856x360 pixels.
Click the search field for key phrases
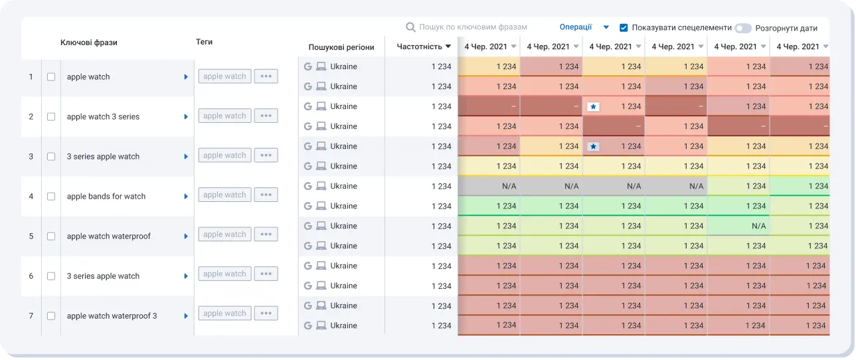(x=473, y=27)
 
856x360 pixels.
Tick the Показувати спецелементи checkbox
(x=624, y=28)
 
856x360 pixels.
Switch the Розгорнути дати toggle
(x=742, y=29)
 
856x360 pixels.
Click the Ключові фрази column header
(x=88, y=43)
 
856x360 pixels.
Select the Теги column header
(x=204, y=42)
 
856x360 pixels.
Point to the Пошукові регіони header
(x=341, y=47)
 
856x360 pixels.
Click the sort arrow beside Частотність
(x=448, y=46)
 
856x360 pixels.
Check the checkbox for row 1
(x=51, y=77)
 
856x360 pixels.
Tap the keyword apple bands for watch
(x=106, y=197)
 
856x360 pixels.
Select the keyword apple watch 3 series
(x=103, y=117)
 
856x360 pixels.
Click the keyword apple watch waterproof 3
(x=112, y=316)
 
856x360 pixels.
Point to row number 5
(x=31, y=236)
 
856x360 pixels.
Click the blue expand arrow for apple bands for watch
(x=186, y=197)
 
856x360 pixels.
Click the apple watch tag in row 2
(x=224, y=116)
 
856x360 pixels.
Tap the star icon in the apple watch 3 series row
(x=593, y=106)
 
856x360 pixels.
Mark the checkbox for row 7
(x=51, y=316)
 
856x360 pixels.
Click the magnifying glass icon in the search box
(x=411, y=27)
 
